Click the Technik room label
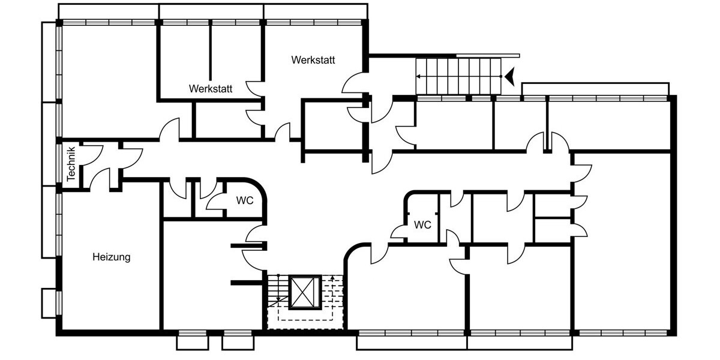tap(71, 164)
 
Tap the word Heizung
tap(112, 257)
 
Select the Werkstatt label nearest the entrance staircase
tap(313, 60)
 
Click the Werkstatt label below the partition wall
tap(211, 89)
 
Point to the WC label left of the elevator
tap(245, 200)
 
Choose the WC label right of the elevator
tap(422, 224)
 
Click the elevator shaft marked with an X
tap(305, 292)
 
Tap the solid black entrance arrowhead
tap(510, 77)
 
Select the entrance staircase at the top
tap(458, 77)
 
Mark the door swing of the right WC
tap(397, 232)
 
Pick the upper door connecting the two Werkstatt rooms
tap(254, 89)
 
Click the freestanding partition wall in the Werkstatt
tap(211, 52)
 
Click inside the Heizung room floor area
tap(111, 289)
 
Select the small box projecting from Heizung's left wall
tap(49, 304)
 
